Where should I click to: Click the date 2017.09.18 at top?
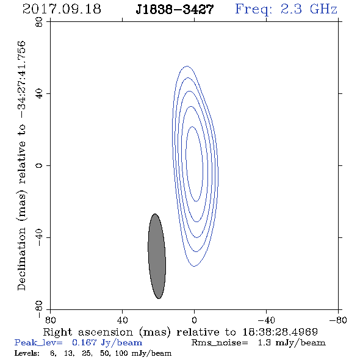click(62, 9)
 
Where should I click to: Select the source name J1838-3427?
click(175, 10)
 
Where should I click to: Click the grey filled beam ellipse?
click(157, 256)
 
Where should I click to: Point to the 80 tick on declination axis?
click(39, 22)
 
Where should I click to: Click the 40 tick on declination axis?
click(39, 94)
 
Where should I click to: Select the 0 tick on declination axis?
click(39, 165)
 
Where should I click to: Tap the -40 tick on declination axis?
click(39, 237)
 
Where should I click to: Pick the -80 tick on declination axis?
click(39, 309)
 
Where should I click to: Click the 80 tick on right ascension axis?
click(50, 320)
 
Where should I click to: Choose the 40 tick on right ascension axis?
click(122, 320)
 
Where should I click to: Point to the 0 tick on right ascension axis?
click(194, 320)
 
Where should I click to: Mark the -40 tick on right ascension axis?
click(266, 320)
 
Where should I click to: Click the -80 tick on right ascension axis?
click(338, 320)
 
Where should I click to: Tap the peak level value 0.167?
click(84, 342)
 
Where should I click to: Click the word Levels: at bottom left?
click(27, 353)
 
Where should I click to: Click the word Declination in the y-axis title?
click(21, 259)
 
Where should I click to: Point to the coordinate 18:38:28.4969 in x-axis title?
click(280, 332)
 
